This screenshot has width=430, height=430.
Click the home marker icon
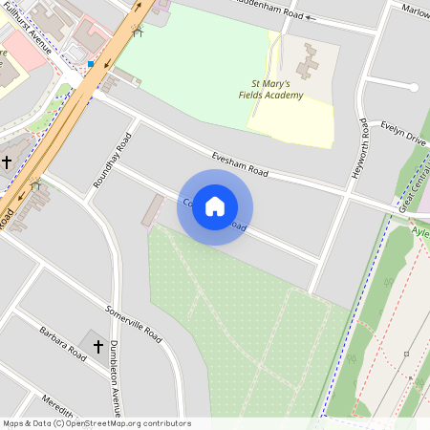215,206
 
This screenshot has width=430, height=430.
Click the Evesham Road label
240,162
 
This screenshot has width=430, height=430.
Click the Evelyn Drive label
402,132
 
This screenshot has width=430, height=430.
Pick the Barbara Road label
63,342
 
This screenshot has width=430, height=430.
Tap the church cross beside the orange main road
7,162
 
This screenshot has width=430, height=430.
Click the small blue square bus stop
90,64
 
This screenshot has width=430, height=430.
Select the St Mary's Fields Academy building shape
310,59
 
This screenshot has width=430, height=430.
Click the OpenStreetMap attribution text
96,423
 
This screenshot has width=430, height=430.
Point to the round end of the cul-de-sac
414,87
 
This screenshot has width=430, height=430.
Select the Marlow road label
415,12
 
